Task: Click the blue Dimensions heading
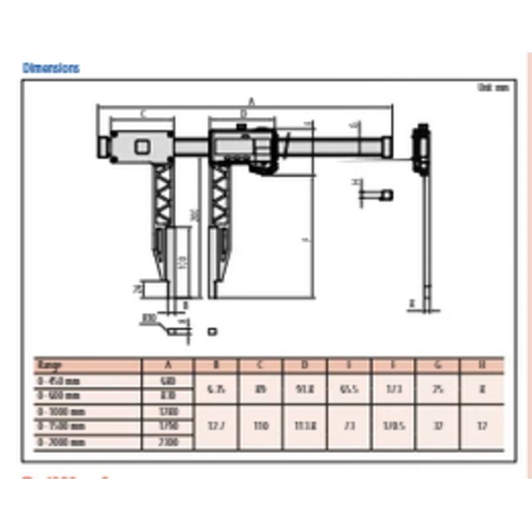click(51, 68)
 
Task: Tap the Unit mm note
click(492, 87)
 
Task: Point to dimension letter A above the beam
click(251, 101)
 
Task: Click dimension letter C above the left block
click(143, 114)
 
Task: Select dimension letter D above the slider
click(243, 114)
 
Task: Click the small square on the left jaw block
click(142, 146)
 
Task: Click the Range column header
click(50, 365)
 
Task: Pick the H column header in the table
click(482, 365)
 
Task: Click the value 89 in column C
click(261, 388)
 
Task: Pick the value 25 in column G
click(438, 388)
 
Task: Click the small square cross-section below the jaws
click(213, 330)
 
